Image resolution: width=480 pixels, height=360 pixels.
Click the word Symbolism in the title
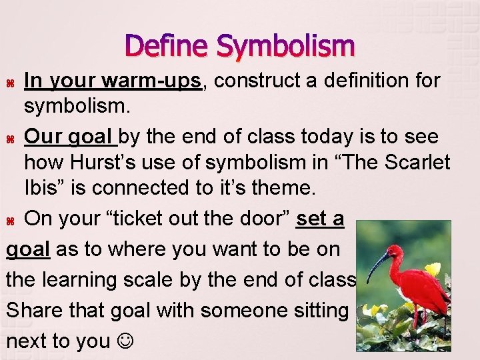(x=286, y=47)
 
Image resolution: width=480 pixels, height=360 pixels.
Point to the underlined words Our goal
(x=70, y=137)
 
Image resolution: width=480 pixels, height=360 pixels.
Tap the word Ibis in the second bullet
(x=41, y=188)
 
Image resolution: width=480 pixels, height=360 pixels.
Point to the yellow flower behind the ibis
(x=434, y=269)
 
